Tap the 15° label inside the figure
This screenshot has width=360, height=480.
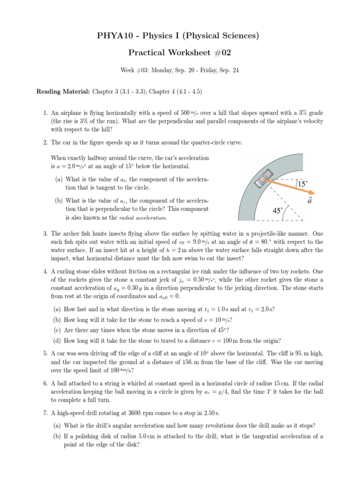pos(302,185)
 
